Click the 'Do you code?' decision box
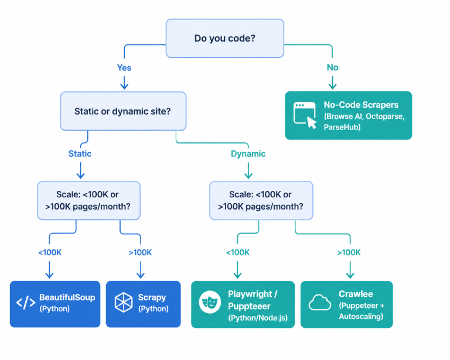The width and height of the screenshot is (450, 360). [225, 39]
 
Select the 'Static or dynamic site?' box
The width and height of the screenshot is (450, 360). [123, 111]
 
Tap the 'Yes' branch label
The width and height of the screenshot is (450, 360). [124, 68]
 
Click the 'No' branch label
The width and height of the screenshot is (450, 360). [332, 67]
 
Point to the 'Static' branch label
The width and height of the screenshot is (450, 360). [80, 153]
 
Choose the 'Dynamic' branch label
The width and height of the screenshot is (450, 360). [248, 154]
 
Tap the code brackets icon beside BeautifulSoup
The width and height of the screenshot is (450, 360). [26, 303]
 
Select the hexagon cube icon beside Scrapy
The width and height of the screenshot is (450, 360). [124, 303]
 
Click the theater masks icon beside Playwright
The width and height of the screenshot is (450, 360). [210, 302]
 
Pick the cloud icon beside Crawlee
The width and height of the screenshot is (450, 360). [320, 303]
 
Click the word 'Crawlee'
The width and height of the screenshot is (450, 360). [356, 294]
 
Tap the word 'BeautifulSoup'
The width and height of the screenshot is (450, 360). [67, 297]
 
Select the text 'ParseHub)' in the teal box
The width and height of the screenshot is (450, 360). [342, 127]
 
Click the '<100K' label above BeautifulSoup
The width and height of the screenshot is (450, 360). [50, 252]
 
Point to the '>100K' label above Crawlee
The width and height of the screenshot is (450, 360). [349, 252]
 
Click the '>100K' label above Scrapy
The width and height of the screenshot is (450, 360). [141, 252]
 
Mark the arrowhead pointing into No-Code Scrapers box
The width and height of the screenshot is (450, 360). [332, 87]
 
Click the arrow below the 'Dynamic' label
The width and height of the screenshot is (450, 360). [248, 170]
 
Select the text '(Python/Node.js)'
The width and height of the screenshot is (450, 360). [258, 318]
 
